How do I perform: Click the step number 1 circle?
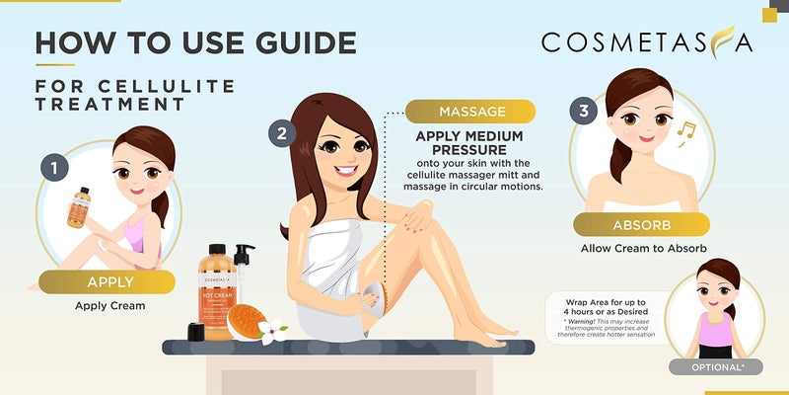(x=55, y=169)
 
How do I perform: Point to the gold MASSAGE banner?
(x=471, y=112)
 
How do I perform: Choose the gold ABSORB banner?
(x=629, y=223)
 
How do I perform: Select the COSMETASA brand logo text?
(x=647, y=42)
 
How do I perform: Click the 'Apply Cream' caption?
(x=109, y=305)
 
